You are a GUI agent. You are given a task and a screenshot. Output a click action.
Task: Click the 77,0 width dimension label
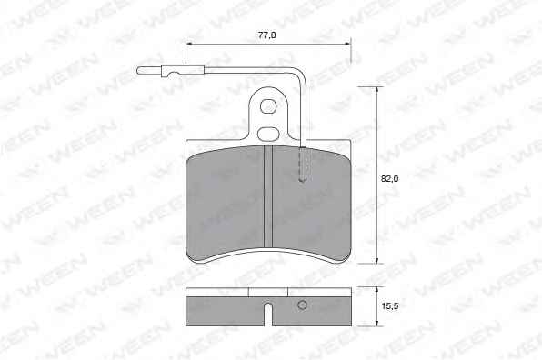tap(266, 35)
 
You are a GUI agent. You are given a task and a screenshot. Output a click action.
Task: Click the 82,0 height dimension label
tap(389, 178)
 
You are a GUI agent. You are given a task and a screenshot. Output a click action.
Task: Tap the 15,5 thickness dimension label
tap(390, 305)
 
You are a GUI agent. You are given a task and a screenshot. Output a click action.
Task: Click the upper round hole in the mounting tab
tap(268, 106)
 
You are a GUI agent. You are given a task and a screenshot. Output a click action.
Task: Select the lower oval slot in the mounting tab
tap(268, 134)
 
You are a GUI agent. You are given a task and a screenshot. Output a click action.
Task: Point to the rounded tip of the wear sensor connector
tap(139, 71)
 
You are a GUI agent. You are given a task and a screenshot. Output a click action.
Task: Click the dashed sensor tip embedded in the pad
tap(303, 165)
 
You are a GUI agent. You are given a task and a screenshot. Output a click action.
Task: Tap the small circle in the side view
tap(303, 305)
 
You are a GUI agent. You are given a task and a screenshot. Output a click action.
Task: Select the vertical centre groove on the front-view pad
tap(268, 196)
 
